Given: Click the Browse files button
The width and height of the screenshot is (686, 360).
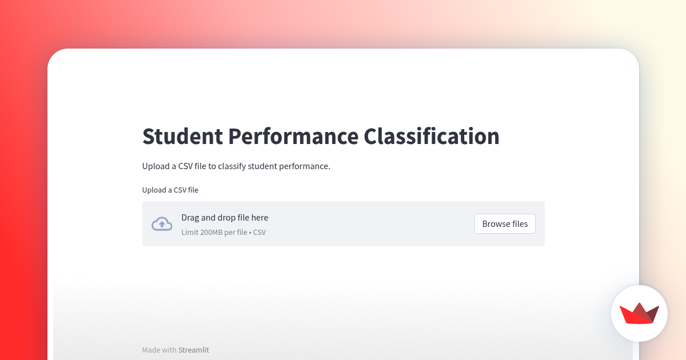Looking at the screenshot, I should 505,224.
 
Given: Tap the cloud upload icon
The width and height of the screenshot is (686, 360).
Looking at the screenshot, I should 162,224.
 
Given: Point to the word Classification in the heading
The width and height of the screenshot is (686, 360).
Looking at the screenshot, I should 432,137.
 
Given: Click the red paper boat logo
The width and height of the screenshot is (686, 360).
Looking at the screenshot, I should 639,313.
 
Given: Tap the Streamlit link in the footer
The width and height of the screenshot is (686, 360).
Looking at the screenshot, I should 194,350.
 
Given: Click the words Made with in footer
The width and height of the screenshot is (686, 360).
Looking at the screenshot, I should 159,350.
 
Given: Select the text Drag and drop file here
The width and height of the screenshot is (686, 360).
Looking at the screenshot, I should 225,218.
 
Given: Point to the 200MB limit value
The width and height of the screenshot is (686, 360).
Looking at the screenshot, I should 213,233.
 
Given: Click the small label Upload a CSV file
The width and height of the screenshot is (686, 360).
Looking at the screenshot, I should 170,190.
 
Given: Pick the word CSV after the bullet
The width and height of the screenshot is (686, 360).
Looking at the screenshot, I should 260,233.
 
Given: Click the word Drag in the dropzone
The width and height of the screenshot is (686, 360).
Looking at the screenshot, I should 190,218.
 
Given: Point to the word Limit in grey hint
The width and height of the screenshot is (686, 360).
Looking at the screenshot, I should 190,233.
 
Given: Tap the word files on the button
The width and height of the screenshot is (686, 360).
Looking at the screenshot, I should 520,224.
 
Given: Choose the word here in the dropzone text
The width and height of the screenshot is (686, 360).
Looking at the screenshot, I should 259,218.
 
